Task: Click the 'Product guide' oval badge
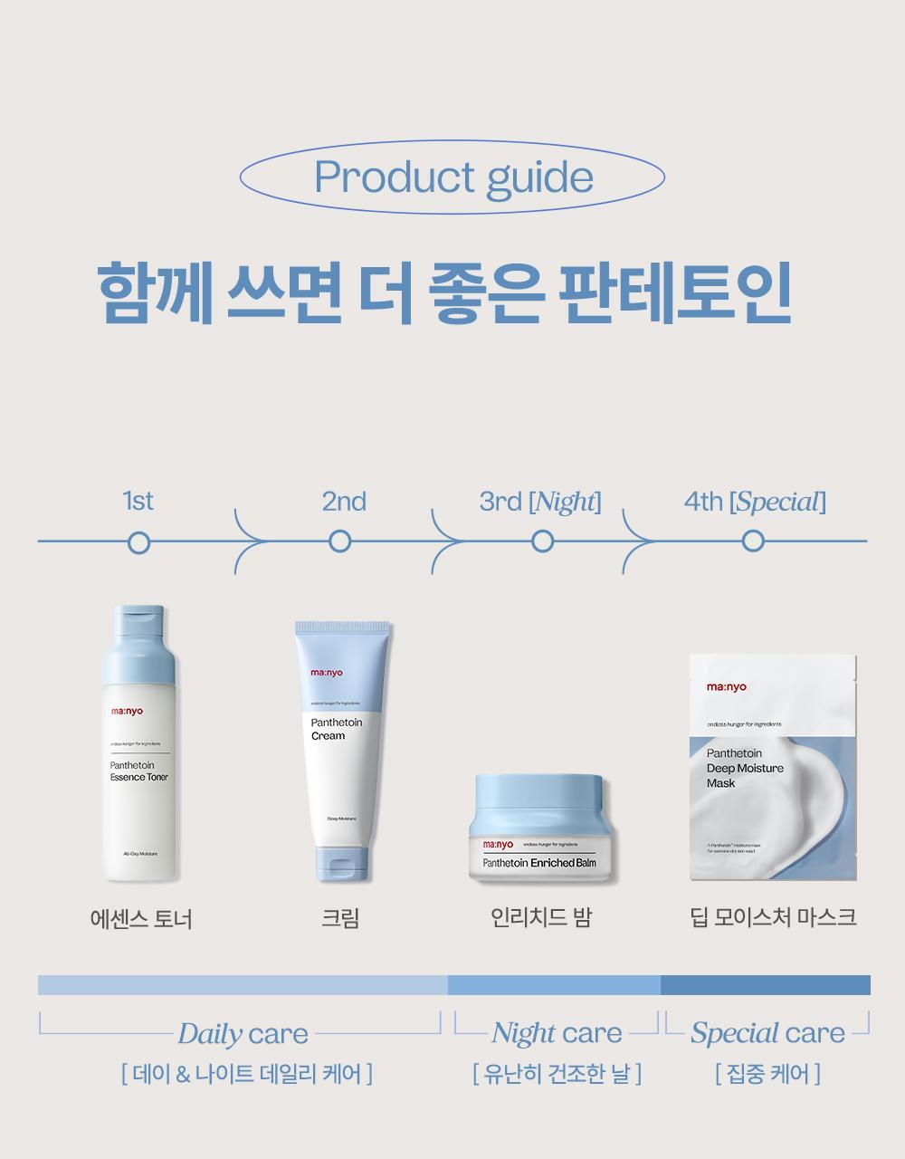[452, 177]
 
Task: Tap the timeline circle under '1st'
[138, 542]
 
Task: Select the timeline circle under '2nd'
[340, 542]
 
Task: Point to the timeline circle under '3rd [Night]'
[542, 542]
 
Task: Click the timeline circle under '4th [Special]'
[753, 542]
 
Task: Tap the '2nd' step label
[344, 502]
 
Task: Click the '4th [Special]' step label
[754, 502]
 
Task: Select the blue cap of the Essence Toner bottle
[139, 647]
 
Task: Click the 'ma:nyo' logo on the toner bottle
[126, 712]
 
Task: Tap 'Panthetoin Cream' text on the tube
[336, 729]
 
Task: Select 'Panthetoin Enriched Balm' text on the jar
[539, 863]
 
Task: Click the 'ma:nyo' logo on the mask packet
[727, 687]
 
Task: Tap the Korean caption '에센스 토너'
[141, 920]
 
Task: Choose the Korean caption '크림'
[340, 919]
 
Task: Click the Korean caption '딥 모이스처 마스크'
[772, 918]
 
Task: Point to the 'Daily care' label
[243, 1034]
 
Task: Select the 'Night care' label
[557, 1033]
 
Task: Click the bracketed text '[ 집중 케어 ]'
[767, 1075]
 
